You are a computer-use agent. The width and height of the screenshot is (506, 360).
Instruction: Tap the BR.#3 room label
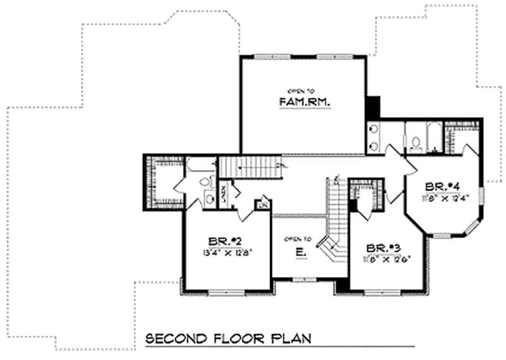point(381,248)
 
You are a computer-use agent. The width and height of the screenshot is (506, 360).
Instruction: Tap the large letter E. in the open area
point(301,252)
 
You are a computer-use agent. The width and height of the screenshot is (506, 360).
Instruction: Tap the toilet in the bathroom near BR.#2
point(204,182)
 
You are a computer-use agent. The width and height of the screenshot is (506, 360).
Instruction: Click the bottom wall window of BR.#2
point(227,292)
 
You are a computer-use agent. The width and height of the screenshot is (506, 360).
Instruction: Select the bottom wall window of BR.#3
point(381,292)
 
